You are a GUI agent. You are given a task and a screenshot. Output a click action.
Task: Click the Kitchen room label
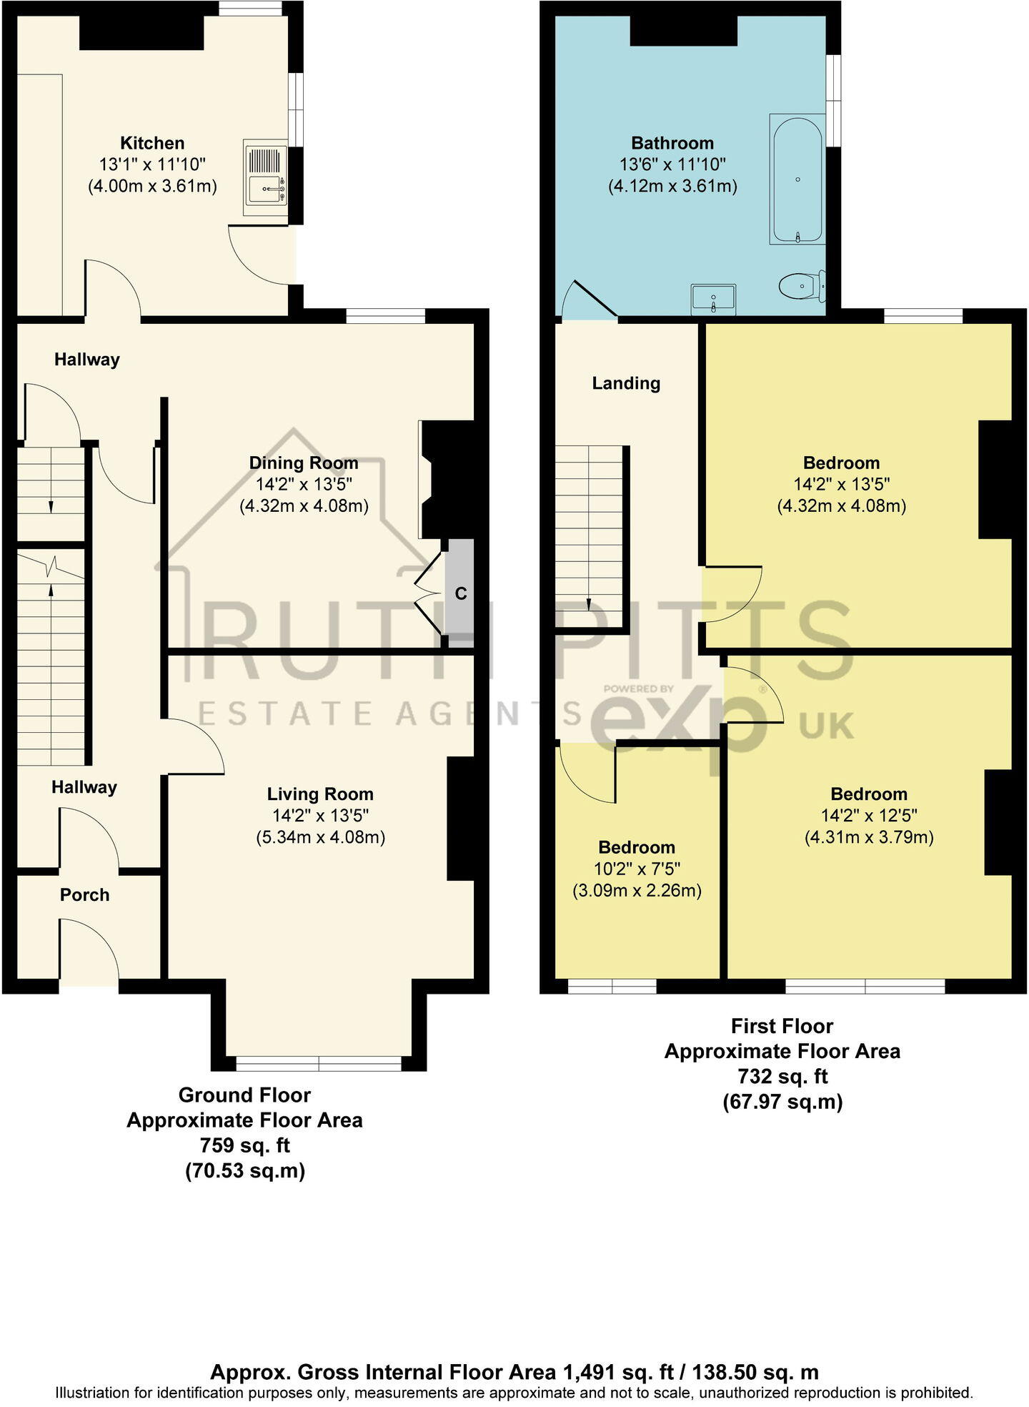pos(152,143)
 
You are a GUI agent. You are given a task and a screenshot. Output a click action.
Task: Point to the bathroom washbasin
pos(713,299)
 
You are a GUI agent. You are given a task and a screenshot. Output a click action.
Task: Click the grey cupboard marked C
pos(461,593)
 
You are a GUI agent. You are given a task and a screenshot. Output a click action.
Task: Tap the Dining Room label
pos(304,463)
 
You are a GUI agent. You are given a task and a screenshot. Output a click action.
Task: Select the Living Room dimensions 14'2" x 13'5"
pos(320,816)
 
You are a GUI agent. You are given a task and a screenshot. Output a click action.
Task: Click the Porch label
pos(84,895)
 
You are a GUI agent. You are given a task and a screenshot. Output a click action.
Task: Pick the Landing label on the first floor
pos(626,383)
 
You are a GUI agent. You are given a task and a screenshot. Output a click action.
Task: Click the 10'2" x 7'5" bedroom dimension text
pos(637,869)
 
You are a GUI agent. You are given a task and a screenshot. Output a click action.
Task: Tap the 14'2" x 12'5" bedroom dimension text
pos(869,816)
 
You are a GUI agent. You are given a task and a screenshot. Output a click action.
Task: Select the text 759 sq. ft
pos(244,1145)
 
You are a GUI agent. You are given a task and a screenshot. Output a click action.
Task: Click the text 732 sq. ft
pos(782,1077)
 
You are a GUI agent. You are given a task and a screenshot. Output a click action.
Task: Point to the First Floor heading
pos(782,1027)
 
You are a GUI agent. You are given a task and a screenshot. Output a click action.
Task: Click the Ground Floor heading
pos(244,1095)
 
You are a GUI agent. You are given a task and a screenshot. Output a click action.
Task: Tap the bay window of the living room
pos(319,1063)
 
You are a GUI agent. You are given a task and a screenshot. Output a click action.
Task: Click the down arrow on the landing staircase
pos(589,604)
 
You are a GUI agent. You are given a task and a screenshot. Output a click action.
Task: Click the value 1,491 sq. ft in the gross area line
pos(619,1372)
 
